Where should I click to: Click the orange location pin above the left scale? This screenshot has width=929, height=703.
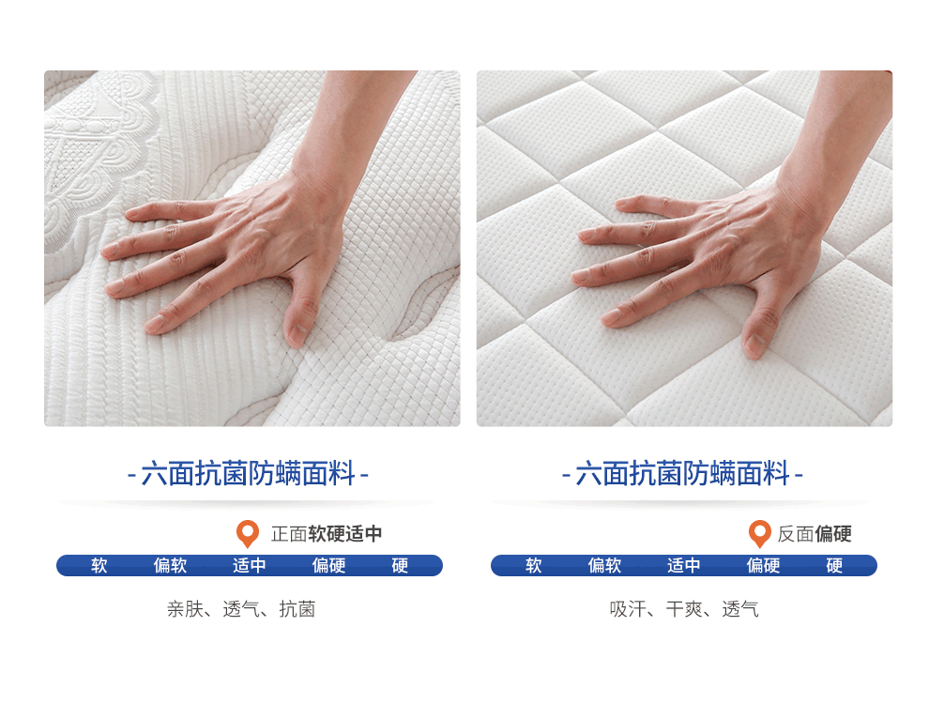(x=247, y=533)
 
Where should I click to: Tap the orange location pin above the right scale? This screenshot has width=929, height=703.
(x=759, y=533)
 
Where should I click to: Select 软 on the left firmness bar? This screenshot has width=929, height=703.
(x=99, y=565)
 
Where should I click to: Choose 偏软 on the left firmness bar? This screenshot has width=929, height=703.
(x=170, y=565)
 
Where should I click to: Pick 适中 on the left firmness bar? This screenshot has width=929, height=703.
(x=250, y=565)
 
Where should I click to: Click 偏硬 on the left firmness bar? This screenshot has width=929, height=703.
(x=328, y=565)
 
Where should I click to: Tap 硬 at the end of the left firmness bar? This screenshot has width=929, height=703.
(x=400, y=565)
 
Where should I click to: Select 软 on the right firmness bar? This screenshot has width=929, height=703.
(x=534, y=565)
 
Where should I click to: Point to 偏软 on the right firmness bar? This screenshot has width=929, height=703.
(x=604, y=565)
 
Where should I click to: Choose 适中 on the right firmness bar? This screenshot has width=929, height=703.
(x=684, y=565)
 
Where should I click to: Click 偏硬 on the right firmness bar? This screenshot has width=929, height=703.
(x=763, y=565)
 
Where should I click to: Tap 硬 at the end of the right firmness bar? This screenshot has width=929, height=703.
(x=834, y=565)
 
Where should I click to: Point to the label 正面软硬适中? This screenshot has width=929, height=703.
(x=327, y=534)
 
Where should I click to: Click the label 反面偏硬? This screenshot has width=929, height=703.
(x=815, y=534)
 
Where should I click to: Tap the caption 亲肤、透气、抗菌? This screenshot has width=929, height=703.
(x=241, y=609)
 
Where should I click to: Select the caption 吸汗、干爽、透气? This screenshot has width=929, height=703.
(x=684, y=609)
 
